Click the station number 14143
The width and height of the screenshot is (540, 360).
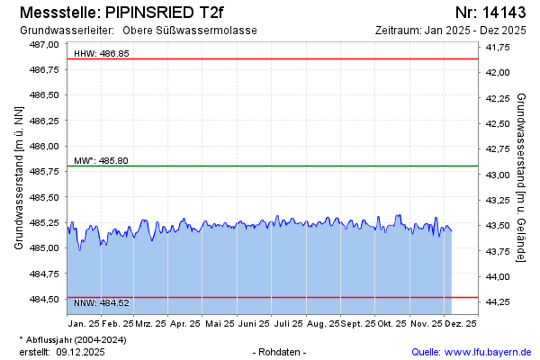[505, 13]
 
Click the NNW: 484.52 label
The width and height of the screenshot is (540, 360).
[101, 303]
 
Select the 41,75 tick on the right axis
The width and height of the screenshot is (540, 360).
[498, 47]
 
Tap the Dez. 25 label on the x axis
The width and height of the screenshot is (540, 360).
[460, 323]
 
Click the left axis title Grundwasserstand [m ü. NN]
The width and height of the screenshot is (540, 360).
[19, 177]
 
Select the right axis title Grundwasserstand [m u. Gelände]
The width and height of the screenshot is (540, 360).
[522, 177]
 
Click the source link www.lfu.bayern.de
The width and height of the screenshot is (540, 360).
[487, 352]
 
